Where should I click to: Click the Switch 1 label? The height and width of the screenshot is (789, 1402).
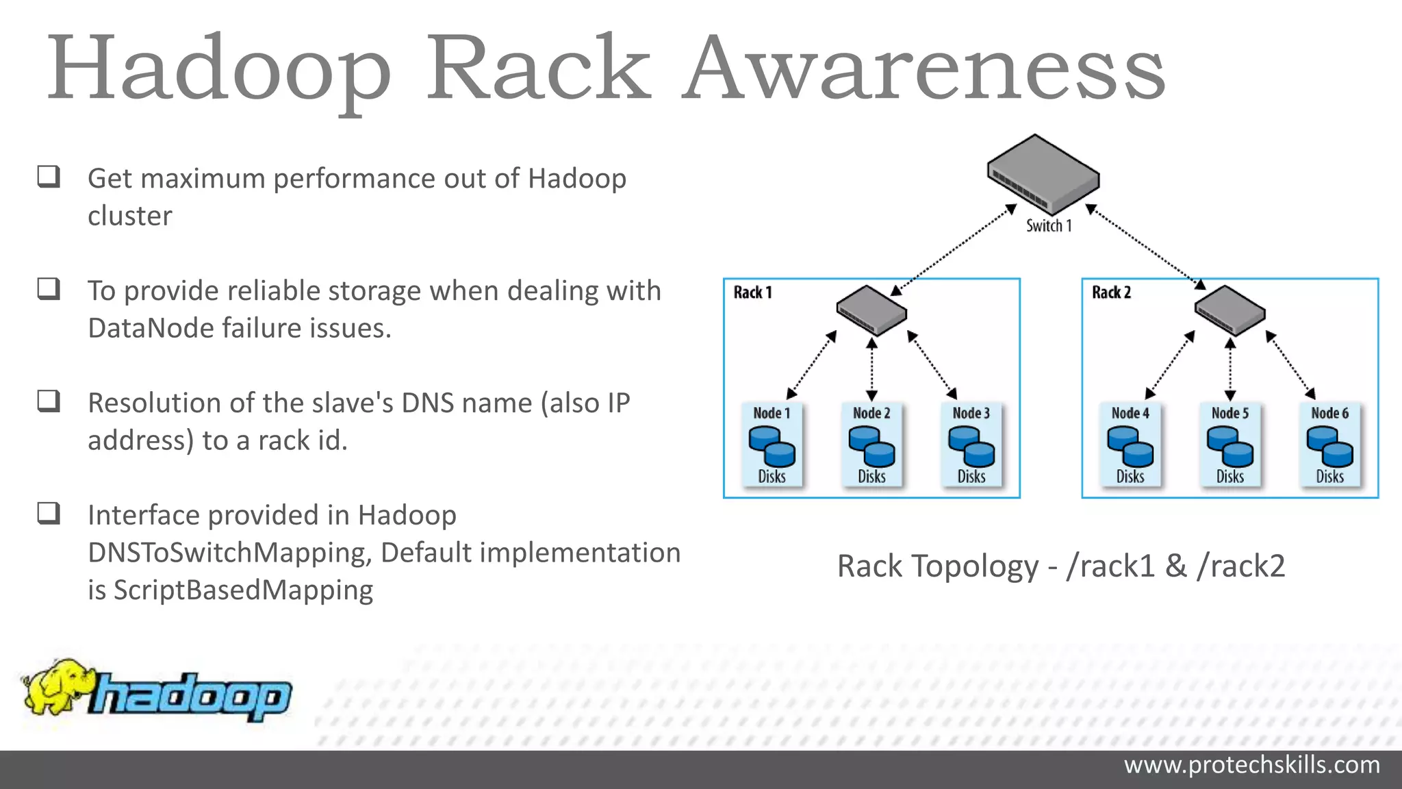click(x=1048, y=225)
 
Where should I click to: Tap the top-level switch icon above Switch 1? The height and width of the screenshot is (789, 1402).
click(x=1043, y=174)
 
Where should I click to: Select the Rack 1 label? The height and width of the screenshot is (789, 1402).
click(x=752, y=292)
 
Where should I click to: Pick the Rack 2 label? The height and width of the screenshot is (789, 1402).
click(x=1111, y=292)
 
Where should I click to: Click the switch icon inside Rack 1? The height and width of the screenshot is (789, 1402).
click(x=871, y=310)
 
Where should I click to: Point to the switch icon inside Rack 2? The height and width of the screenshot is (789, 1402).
click(x=1229, y=310)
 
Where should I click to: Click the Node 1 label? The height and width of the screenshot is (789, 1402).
click(x=772, y=413)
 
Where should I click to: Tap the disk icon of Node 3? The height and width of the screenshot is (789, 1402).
click(x=971, y=446)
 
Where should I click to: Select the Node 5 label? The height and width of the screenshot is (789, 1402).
click(x=1229, y=413)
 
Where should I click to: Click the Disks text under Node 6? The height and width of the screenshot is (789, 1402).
click(x=1329, y=476)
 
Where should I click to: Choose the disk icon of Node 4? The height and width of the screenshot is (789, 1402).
click(x=1130, y=446)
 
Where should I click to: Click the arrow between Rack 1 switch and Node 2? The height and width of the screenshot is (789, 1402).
click(x=871, y=368)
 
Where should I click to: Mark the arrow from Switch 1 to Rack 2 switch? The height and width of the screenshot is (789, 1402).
click(x=1145, y=245)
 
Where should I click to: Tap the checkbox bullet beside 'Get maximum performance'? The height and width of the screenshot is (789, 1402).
click(x=49, y=177)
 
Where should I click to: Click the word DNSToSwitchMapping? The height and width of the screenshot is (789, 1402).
click(x=229, y=553)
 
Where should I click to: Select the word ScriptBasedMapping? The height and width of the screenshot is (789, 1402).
click(x=243, y=590)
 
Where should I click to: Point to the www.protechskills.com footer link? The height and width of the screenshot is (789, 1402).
click(x=1251, y=764)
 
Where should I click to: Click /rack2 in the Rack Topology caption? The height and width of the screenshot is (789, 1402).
click(x=1240, y=566)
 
